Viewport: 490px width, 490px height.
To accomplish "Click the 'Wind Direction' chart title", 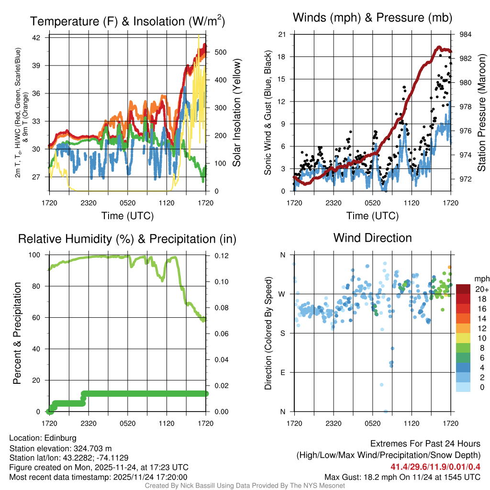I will click(x=372, y=238).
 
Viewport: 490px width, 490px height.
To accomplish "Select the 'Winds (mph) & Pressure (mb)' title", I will click(x=372, y=18).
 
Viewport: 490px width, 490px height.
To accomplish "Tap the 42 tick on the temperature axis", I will click(x=36, y=38).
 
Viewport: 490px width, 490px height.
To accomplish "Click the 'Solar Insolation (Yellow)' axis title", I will click(x=236, y=113).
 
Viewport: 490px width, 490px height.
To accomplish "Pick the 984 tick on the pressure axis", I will click(x=465, y=34).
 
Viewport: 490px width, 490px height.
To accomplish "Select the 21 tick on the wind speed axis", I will click(x=282, y=34).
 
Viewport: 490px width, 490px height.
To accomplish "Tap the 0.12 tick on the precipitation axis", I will click(x=217, y=256).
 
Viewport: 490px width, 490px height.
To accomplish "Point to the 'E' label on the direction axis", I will click(x=282, y=372).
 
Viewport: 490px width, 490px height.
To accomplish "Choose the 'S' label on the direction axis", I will click(x=282, y=333).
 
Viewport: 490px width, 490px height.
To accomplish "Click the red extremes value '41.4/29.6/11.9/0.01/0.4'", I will click(x=435, y=467).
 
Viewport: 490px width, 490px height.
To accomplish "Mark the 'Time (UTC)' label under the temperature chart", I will click(x=127, y=216).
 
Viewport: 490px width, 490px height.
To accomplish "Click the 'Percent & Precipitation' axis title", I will click(x=17, y=333).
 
